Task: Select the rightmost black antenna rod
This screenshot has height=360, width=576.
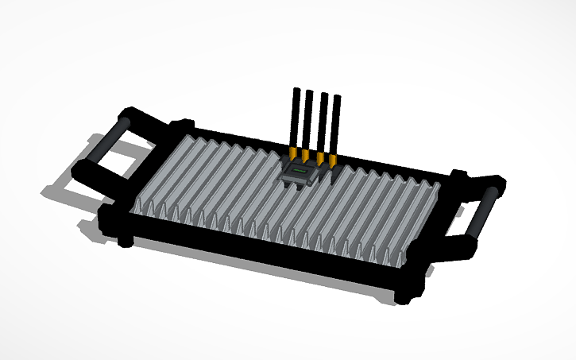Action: click(x=337, y=126)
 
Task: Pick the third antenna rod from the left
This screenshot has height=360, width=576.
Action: click(x=323, y=122)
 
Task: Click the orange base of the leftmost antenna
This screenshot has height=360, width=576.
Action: click(x=294, y=151)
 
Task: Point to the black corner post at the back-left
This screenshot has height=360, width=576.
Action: click(x=184, y=126)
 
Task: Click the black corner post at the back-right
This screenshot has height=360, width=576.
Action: click(x=458, y=175)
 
